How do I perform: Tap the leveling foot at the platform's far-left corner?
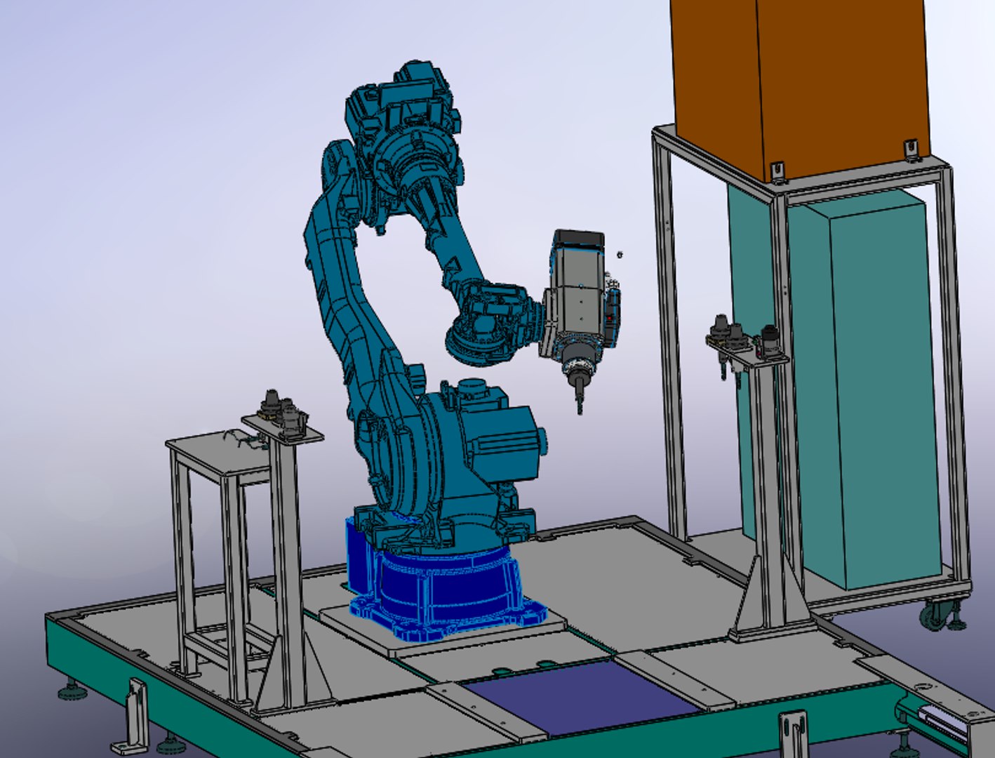(x=69, y=691)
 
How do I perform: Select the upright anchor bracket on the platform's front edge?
(x=793, y=733)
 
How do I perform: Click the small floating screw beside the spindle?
(x=619, y=255)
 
